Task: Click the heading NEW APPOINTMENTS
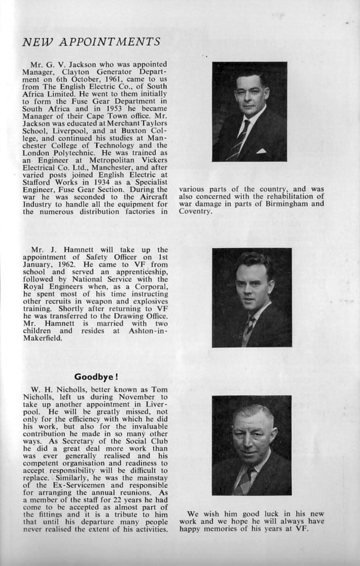point(92,42)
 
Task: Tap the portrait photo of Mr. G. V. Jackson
point(250,111)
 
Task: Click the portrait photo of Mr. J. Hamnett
point(252,298)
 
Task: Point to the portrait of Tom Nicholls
point(251,445)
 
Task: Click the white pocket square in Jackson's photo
point(261,150)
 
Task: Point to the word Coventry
point(196,211)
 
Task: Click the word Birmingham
point(287,203)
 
